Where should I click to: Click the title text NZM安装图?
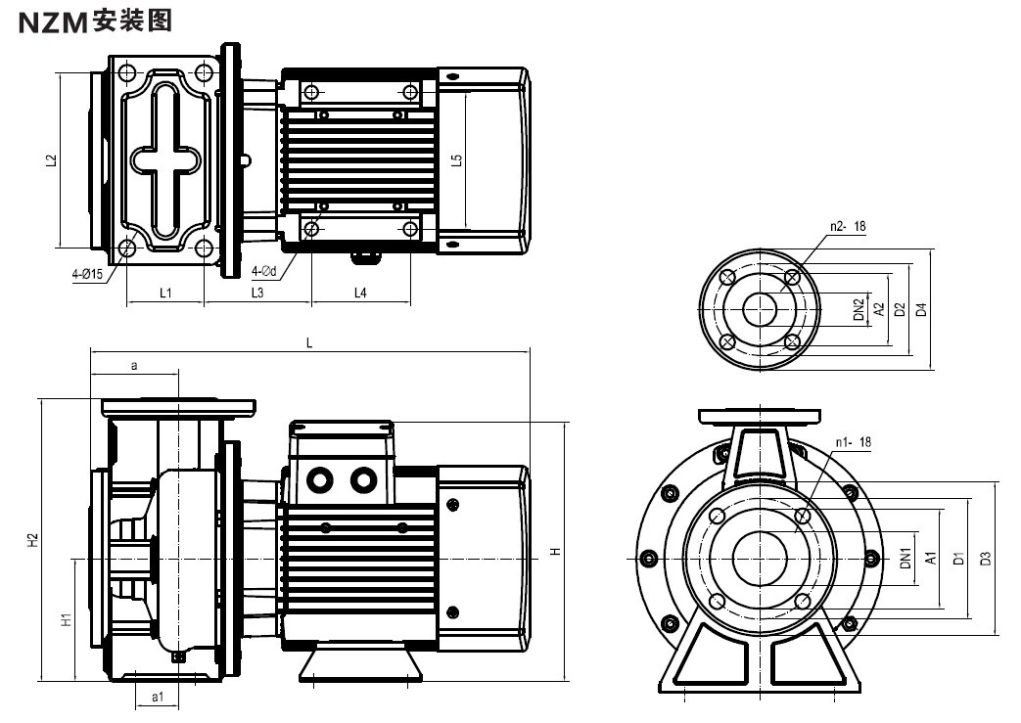(x=95, y=22)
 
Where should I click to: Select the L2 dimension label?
(x=52, y=160)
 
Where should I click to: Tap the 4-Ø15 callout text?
(x=87, y=274)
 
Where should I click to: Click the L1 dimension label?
(x=165, y=293)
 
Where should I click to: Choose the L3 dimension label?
(x=257, y=293)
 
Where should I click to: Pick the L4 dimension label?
(x=360, y=293)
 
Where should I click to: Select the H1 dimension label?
(x=66, y=619)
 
